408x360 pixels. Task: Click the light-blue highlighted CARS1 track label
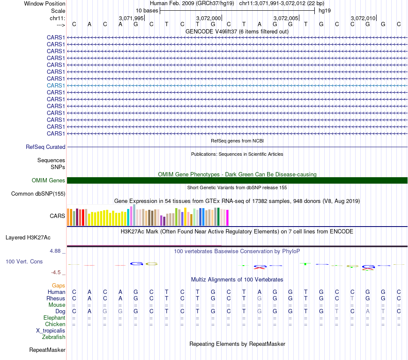tap(56, 85)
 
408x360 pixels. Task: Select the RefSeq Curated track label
tap(46, 147)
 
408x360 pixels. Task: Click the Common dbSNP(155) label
tap(38, 194)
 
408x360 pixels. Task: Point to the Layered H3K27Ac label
tap(28, 237)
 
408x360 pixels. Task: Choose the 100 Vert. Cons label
tap(24, 261)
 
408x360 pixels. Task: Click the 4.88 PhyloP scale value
tap(57, 251)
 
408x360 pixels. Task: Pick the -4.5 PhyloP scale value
tap(58, 272)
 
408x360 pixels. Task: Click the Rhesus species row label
tap(56, 299)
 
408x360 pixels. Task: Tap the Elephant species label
tap(54, 318)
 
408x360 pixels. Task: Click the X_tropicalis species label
tap(51, 331)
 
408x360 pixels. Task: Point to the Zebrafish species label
tap(54, 337)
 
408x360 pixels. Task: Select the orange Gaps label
tap(58, 285)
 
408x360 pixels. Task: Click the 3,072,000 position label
tap(208, 18)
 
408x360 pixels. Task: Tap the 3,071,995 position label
tap(131, 18)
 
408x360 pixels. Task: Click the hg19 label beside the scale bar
tap(324, 10)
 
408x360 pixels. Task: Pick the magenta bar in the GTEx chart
tap(228, 218)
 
